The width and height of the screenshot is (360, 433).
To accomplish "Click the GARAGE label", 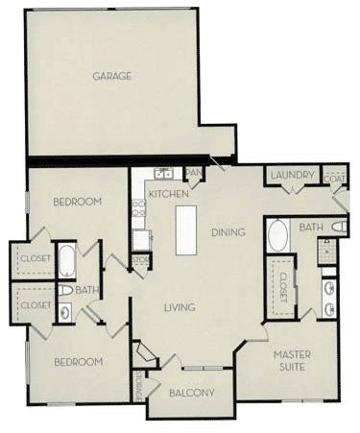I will [111, 76].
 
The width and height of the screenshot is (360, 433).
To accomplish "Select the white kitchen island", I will [187, 231].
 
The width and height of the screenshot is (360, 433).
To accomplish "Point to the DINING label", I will [228, 231].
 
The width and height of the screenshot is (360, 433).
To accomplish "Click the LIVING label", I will [180, 307].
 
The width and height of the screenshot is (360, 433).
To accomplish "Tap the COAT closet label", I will [335, 178].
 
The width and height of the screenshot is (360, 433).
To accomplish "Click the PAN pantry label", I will [193, 173].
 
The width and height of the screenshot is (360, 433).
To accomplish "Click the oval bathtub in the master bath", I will [277, 236].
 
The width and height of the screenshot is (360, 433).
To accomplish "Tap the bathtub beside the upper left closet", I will [66, 260].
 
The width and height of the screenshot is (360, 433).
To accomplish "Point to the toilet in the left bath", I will [64, 289].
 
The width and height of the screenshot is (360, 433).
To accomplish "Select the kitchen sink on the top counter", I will [164, 174].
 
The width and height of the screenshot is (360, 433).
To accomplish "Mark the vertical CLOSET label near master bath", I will [283, 287].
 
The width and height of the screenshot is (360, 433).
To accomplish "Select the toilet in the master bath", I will [337, 228].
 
